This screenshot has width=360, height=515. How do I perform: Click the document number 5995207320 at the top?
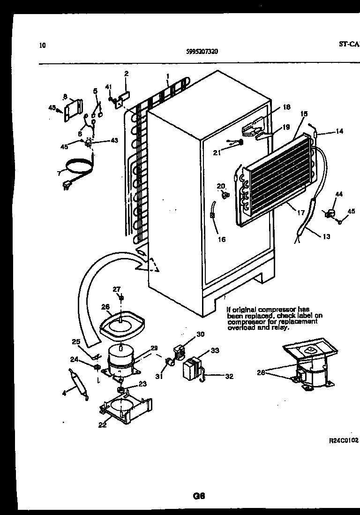[x=199, y=52]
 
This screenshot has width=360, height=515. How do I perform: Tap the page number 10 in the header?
[x=43, y=45]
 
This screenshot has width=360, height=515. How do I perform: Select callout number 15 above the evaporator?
[x=304, y=114]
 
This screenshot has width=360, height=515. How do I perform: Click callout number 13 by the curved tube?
[x=326, y=236]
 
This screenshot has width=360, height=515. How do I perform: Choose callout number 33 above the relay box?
[x=215, y=350]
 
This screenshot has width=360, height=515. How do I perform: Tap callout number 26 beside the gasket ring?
[x=105, y=307]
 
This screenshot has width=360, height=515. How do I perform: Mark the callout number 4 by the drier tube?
[x=64, y=393]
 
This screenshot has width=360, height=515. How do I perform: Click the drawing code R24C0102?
[x=344, y=440]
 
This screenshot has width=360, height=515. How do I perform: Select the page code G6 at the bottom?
[x=199, y=495]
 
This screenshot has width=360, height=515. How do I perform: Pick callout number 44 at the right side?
[x=339, y=194]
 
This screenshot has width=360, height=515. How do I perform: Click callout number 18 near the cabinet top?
[x=287, y=107]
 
